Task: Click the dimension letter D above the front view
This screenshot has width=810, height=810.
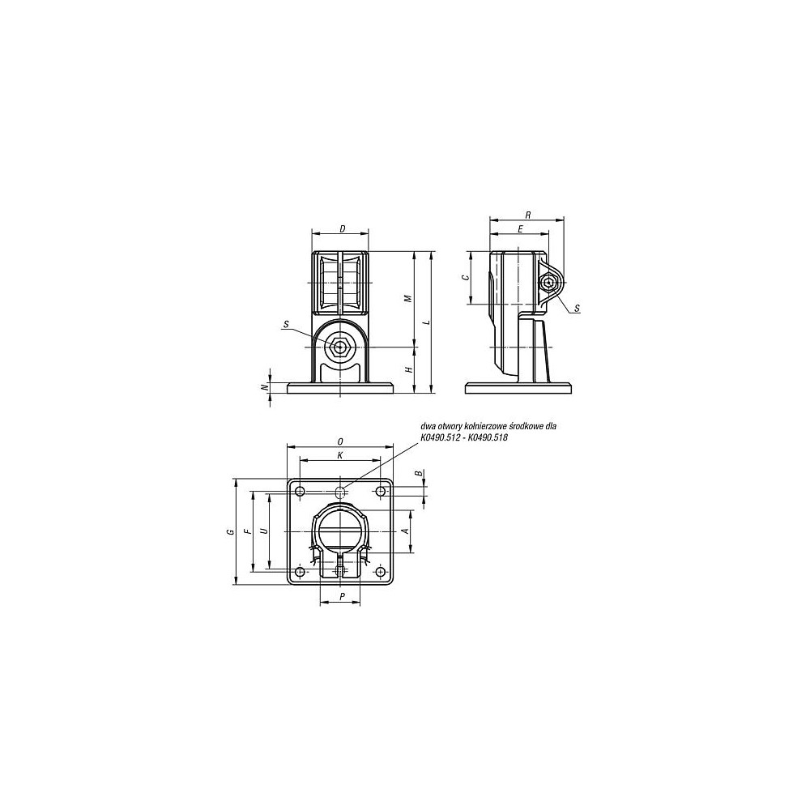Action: click(x=343, y=229)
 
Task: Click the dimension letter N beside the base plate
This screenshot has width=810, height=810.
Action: click(x=266, y=388)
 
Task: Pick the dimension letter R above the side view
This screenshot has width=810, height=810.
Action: click(x=527, y=215)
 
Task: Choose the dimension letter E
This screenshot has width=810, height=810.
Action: click(x=519, y=229)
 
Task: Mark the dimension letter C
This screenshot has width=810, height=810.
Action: click(x=464, y=278)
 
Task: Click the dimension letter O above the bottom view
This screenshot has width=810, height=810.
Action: click(x=340, y=441)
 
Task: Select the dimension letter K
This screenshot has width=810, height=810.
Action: click(x=340, y=455)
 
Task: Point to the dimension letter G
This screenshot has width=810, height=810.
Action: click(x=231, y=531)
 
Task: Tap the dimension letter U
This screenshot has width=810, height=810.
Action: click(x=264, y=531)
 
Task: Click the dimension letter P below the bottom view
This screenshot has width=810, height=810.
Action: click(x=343, y=597)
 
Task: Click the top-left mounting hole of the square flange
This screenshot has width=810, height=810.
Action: click(x=301, y=492)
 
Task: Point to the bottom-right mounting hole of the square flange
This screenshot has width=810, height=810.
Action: click(x=381, y=572)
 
